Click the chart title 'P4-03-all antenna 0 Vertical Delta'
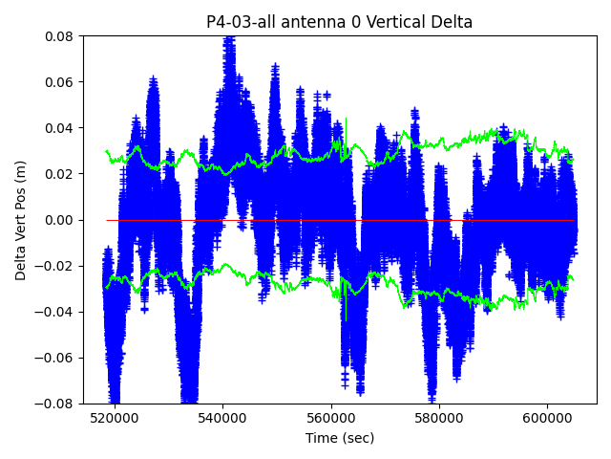tap(340, 22)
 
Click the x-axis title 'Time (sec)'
tap(340, 438)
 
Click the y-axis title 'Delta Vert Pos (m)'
tap(21, 220)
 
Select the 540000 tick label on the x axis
tap(223, 418)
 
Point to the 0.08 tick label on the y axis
tap(61, 36)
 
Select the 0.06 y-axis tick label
tap(61, 82)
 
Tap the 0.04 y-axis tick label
tap(61, 128)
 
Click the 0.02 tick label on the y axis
tap(61, 174)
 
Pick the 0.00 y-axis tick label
tap(61, 220)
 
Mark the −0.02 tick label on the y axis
tap(57, 266)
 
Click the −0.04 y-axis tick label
tap(57, 312)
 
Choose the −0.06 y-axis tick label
tap(57, 358)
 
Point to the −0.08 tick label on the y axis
tap(57, 404)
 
